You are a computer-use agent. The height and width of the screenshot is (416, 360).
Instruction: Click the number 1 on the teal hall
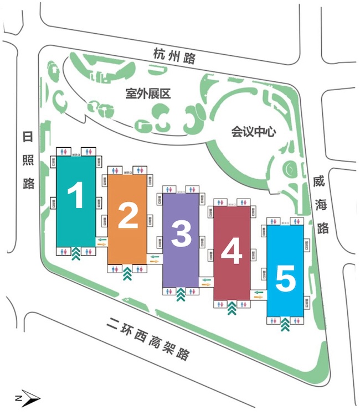(75, 195)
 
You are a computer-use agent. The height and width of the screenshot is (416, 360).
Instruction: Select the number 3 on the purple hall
(181, 235)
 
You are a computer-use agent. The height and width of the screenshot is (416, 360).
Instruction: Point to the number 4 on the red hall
(232, 253)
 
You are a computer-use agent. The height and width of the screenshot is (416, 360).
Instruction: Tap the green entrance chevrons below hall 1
(75, 254)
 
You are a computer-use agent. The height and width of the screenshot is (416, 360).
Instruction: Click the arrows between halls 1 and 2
(101, 242)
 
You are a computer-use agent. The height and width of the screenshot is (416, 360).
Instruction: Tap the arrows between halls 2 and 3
(155, 258)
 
